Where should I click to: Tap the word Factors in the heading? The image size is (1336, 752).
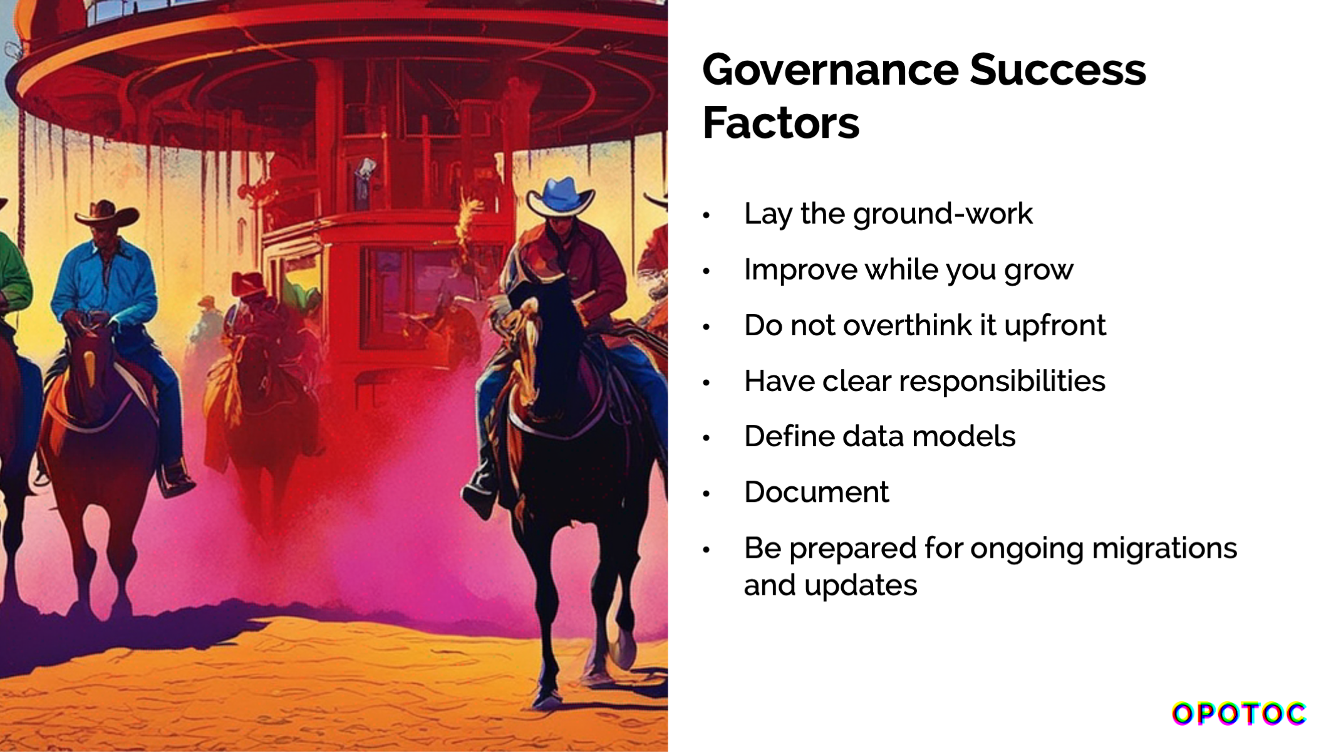point(781,123)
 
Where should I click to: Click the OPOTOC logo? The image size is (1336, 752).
point(1239,714)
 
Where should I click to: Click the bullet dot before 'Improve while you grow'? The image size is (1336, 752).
point(707,271)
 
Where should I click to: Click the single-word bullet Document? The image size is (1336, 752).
point(816,493)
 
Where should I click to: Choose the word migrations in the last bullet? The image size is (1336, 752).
point(1164,548)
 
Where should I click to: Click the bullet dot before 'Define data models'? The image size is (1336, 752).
point(707,438)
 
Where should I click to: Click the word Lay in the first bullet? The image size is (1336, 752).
point(768,214)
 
